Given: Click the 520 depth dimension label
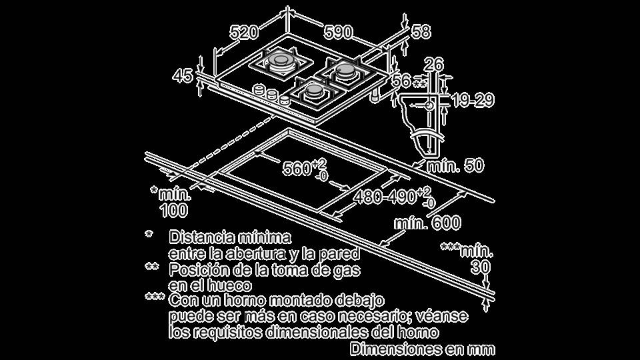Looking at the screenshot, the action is pyautogui.click(x=244, y=32).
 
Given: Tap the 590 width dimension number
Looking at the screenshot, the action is pyautogui.click(x=338, y=32).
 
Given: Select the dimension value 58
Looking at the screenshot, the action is pyautogui.click(x=421, y=32).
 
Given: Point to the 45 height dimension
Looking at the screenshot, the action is pyautogui.click(x=182, y=76).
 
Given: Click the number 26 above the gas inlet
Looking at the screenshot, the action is pyautogui.click(x=433, y=65).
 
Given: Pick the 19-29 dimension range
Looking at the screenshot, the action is pyautogui.click(x=473, y=100).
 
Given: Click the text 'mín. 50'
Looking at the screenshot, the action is pyautogui.click(x=455, y=166).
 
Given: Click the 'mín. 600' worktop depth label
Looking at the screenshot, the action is pyautogui.click(x=427, y=223).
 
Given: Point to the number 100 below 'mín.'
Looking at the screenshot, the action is pyautogui.click(x=174, y=210).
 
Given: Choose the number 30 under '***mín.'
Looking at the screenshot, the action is pyautogui.click(x=481, y=268).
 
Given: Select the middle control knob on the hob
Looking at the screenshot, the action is pyautogui.click(x=271, y=94).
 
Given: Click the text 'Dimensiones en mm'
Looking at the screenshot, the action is pyautogui.click(x=423, y=349).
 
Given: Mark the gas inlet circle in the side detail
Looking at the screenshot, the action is pyautogui.click(x=429, y=105).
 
